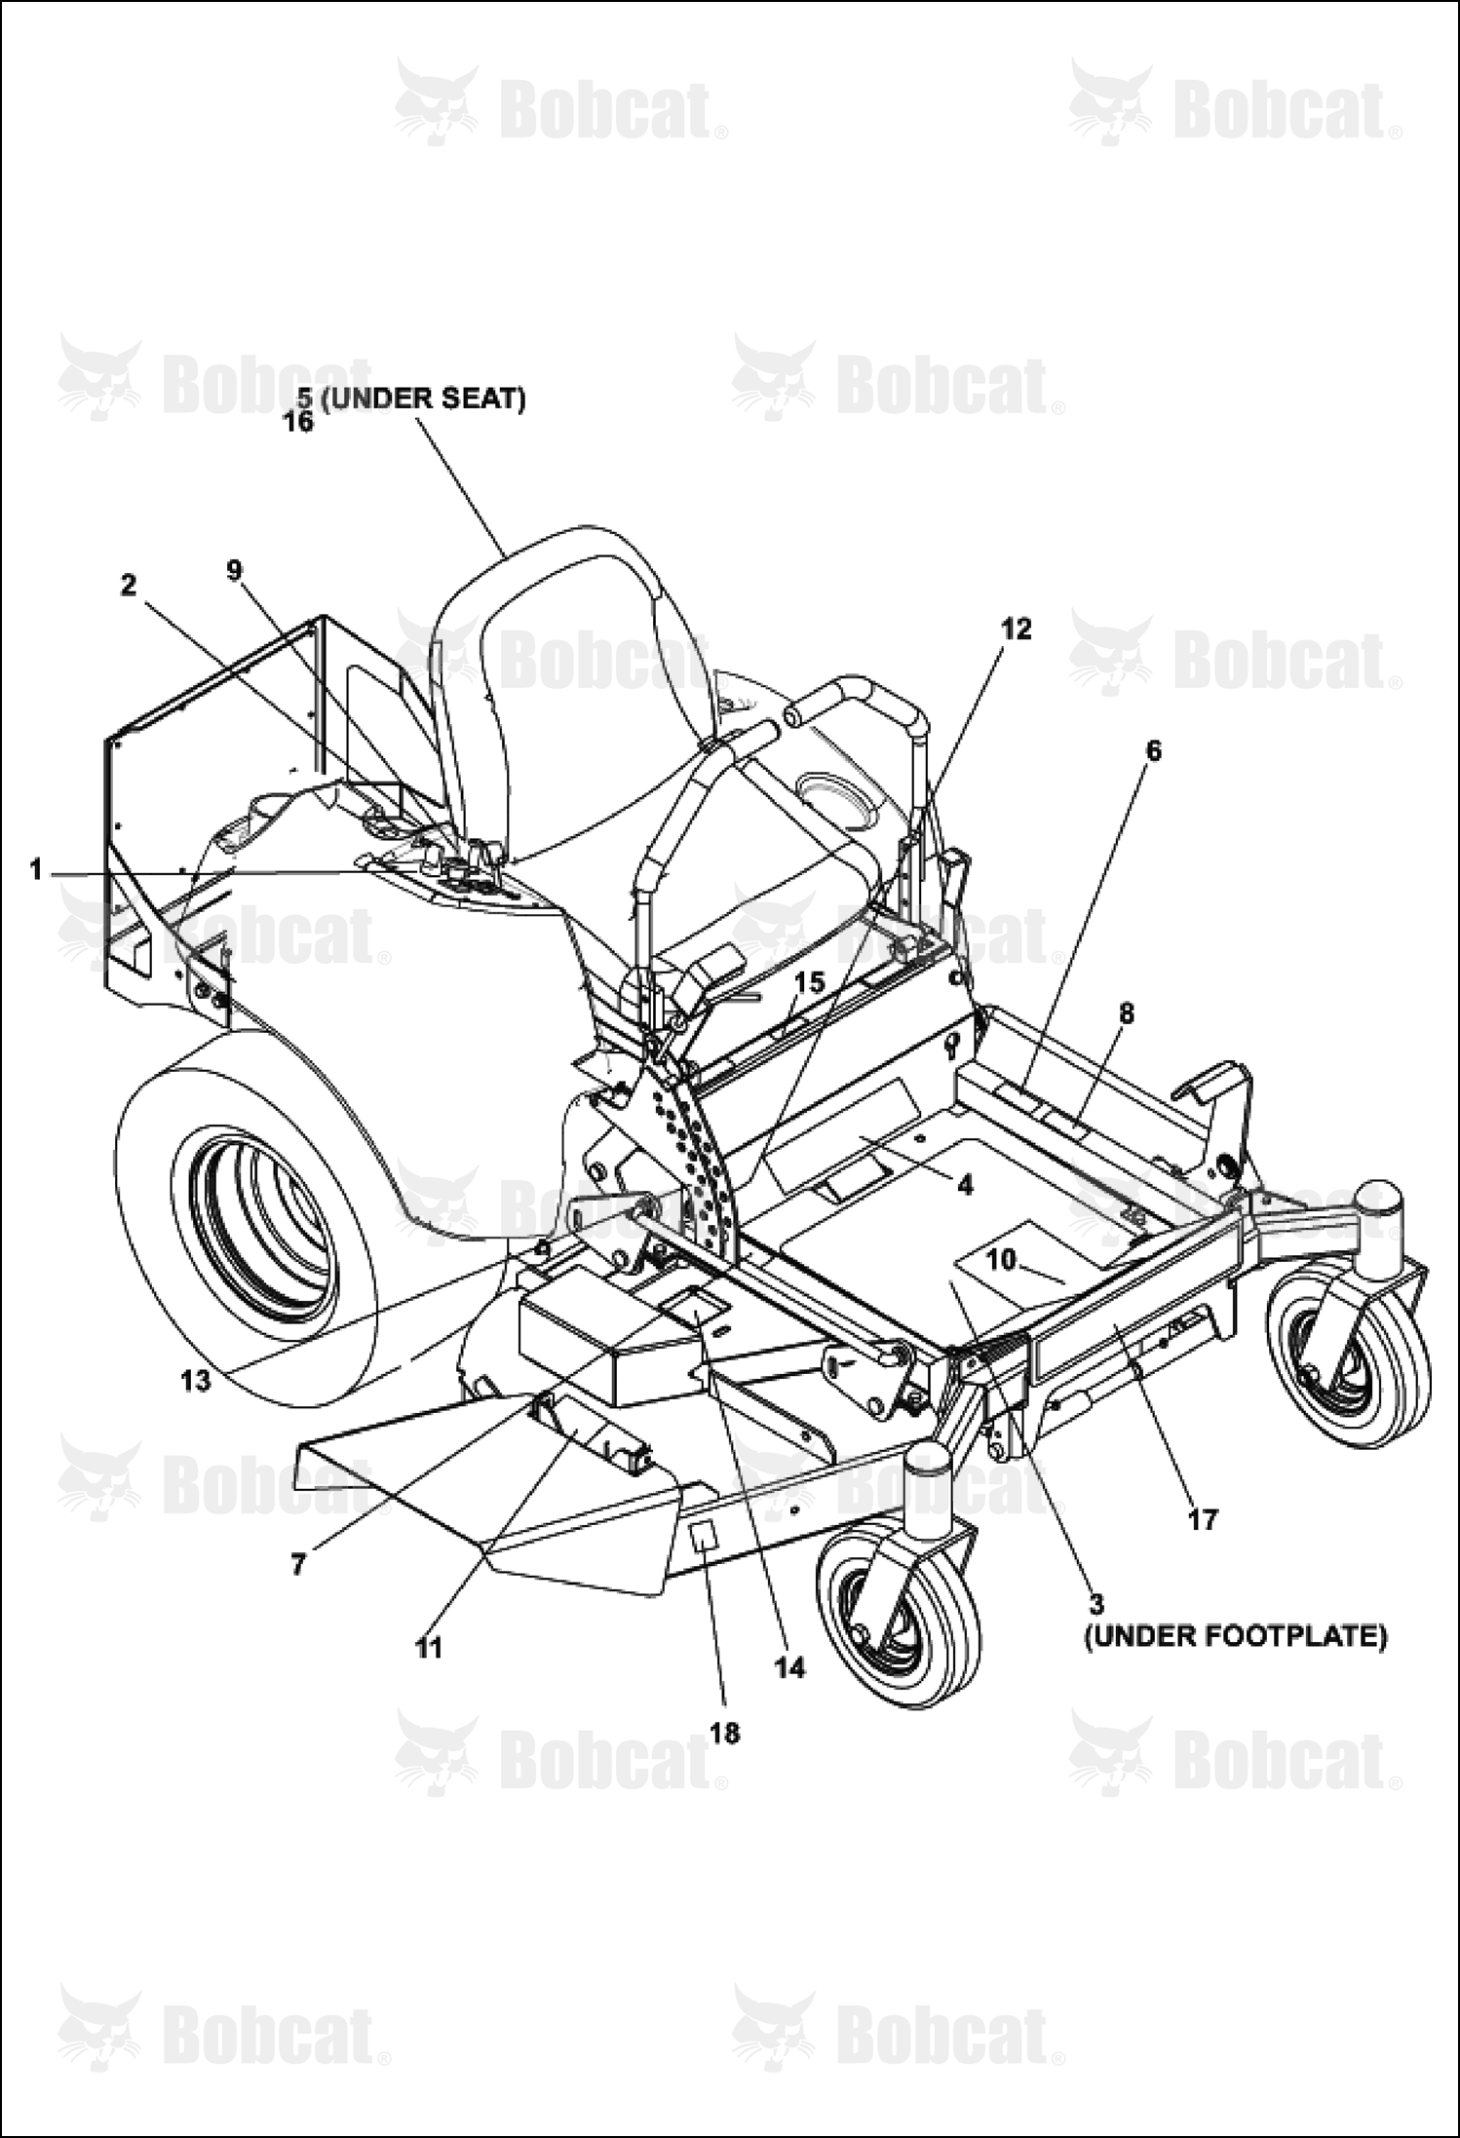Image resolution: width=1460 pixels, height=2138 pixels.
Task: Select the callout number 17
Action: (x=1203, y=1518)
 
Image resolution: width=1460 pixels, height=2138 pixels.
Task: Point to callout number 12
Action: (x=1016, y=629)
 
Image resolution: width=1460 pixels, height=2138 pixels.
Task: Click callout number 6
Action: (x=1154, y=749)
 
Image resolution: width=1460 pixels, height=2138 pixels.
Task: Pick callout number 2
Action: (x=129, y=585)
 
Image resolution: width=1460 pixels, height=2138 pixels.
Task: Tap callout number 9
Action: (x=234, y=570)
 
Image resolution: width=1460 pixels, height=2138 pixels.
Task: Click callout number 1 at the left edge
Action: (x=36, y=869)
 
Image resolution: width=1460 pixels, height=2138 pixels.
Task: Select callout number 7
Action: (x=298, y=1563)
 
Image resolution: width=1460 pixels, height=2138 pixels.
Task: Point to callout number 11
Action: (x=428, y=1648)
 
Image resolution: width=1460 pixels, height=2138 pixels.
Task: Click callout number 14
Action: (x=790, y=1667)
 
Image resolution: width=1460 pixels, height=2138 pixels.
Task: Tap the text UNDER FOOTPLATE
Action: (x=1236, y=1636)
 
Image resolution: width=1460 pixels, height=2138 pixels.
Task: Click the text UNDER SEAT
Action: (x=423, y=400)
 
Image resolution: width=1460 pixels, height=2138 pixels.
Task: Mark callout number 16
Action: (x=298, y=422)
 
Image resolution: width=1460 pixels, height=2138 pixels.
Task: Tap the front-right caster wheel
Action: (x=1347, y=1367)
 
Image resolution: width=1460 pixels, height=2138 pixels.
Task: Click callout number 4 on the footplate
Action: (x=964, y=1185)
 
